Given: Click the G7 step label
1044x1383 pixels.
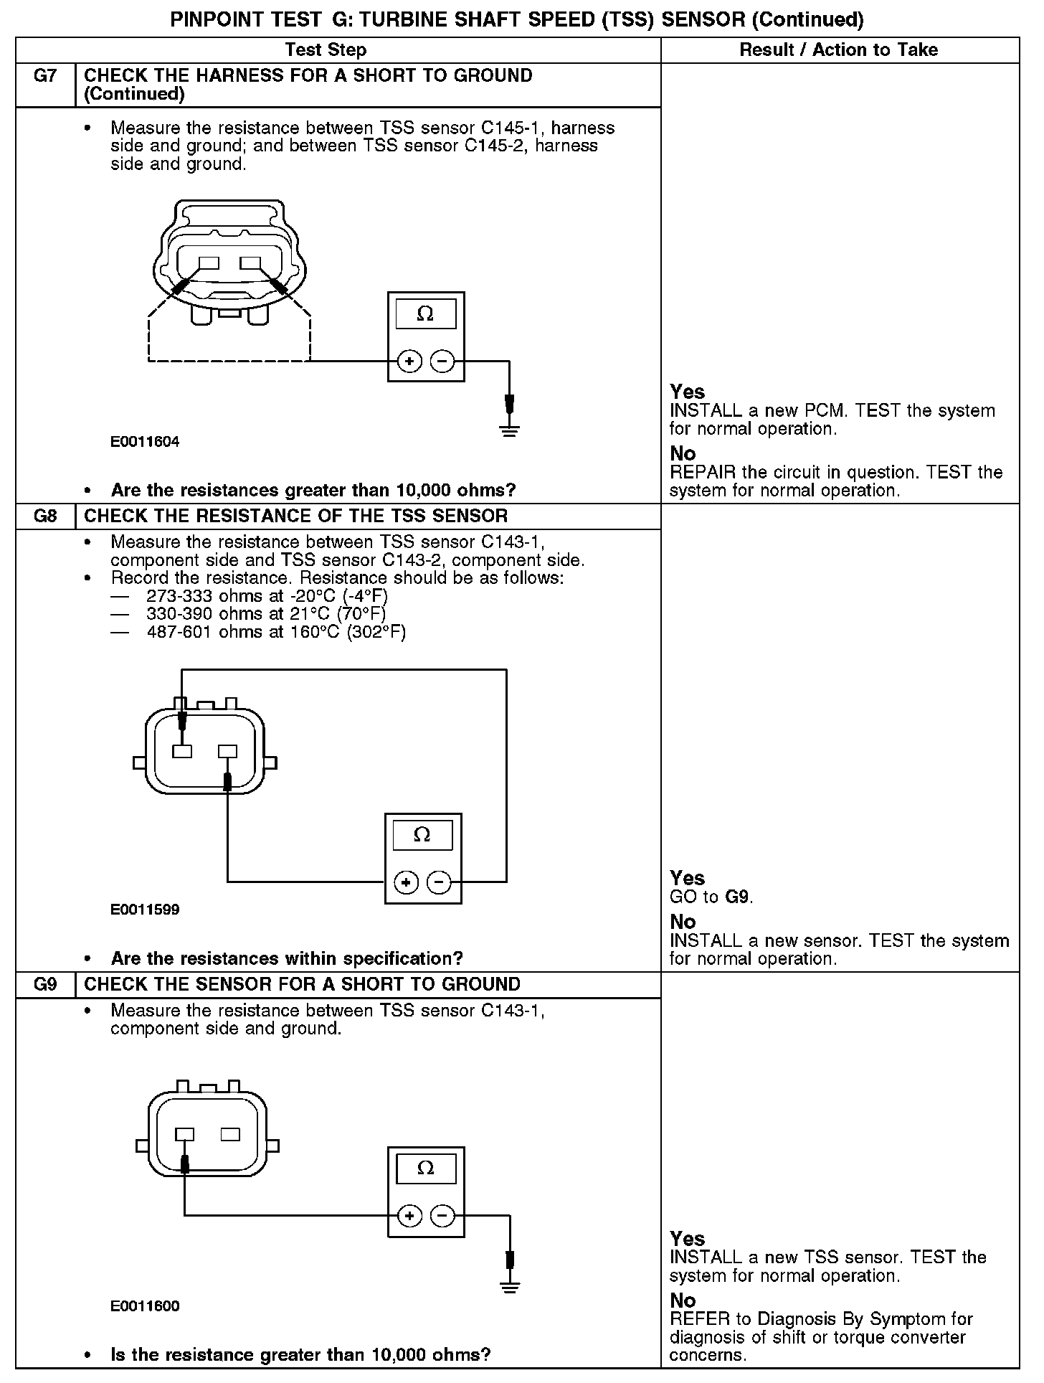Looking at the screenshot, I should tap(45, 76).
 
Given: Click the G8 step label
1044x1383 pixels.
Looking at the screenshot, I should tap(45, 516).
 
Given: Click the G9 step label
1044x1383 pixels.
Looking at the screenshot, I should tap(45, 984).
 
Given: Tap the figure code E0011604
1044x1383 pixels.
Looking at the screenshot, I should tap(145, 442).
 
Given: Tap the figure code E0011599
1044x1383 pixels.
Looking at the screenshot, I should tap(145, 910).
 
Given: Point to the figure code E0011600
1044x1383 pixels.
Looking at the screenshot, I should tap(145, 1306).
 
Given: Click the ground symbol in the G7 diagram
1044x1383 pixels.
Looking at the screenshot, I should tap(509, 430).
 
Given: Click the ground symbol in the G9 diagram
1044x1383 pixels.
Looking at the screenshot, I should tap(509, 1286).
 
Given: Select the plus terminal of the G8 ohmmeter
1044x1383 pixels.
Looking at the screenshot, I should tap(407, 882).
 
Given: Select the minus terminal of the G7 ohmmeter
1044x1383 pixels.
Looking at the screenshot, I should tap(443, 362).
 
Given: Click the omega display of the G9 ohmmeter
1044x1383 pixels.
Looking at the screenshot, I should tap(426, 1169).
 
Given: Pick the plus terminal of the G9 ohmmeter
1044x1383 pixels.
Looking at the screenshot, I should tap(409, 1215).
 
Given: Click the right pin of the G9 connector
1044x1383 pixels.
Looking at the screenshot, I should tap(230, 1134).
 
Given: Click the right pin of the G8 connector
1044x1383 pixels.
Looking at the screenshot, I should tap(227, 751).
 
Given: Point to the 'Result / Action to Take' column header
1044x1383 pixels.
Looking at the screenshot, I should tap(838, 50).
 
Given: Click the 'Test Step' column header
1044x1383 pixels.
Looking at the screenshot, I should tap(326, 50).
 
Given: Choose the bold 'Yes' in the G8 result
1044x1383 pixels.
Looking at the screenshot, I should tap(687, 878).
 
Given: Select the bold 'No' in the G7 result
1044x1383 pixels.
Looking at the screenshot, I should tap(683, 453).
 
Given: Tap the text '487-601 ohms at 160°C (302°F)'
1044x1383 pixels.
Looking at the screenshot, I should tap(276, 632).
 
